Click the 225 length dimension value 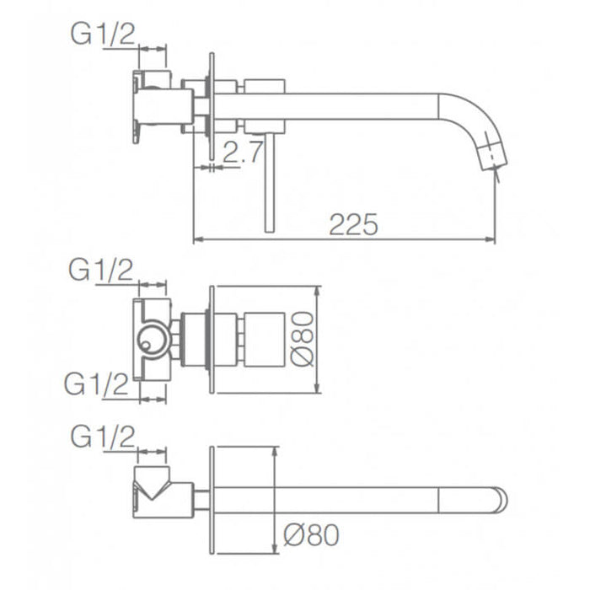pos(353,224)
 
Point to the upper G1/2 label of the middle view pos(101,271)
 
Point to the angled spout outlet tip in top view pos(492,157)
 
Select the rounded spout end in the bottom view pos(499,501)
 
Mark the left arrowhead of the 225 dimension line pos(198,240)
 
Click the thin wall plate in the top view pos(210,110)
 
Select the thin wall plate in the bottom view pos(212,500)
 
